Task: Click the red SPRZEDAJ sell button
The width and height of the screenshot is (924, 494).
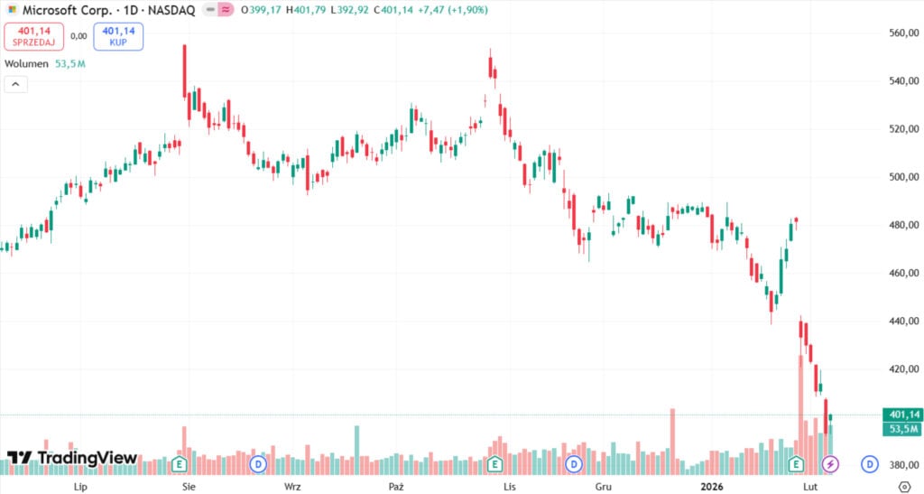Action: pos(34,36)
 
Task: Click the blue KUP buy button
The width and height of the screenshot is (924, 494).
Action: pos(117,36)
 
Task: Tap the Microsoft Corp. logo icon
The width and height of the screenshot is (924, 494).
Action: pos(13,9)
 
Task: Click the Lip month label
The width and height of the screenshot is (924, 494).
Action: pos(80,486)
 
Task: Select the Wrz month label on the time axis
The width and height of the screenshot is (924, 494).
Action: pos(291,486)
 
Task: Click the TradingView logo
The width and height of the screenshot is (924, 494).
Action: pos(72,459)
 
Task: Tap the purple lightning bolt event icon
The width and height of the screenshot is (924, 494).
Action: pos(830,464)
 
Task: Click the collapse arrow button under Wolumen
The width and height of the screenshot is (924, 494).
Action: pos(15,84)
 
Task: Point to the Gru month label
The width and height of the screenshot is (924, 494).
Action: pos(604,486)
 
